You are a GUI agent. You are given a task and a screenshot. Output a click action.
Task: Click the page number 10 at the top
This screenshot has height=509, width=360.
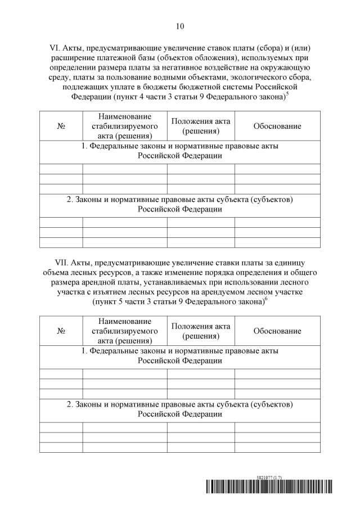[x=180, y=26]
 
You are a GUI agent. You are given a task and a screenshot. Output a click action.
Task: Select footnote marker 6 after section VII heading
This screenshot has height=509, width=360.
[x=265, y=299]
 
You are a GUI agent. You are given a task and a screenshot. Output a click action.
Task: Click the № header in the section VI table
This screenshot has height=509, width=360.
[x=61, y=126]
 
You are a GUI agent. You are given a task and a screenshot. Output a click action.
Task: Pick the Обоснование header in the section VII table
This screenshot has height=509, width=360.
[x=277, y=331]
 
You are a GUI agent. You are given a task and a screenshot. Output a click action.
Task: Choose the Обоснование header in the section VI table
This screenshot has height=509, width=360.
[x=277, y=126]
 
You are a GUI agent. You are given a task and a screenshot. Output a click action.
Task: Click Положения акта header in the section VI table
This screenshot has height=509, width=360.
[x=201, y=126]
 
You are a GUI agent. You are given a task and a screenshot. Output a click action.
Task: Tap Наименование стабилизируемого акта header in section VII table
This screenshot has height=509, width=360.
[x=125, y=331]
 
